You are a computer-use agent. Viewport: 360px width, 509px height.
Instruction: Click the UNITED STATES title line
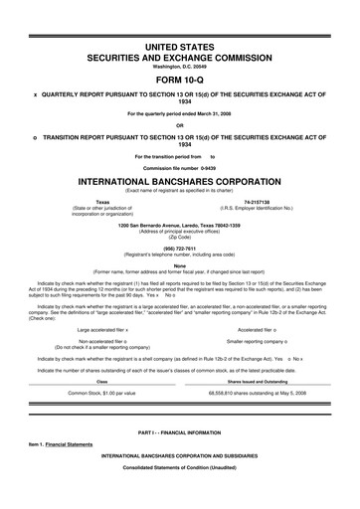[x=179, y=47]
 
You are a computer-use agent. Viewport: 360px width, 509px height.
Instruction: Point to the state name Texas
[x=102, y=200]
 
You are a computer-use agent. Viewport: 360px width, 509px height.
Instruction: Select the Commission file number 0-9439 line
[x=179, y=168]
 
